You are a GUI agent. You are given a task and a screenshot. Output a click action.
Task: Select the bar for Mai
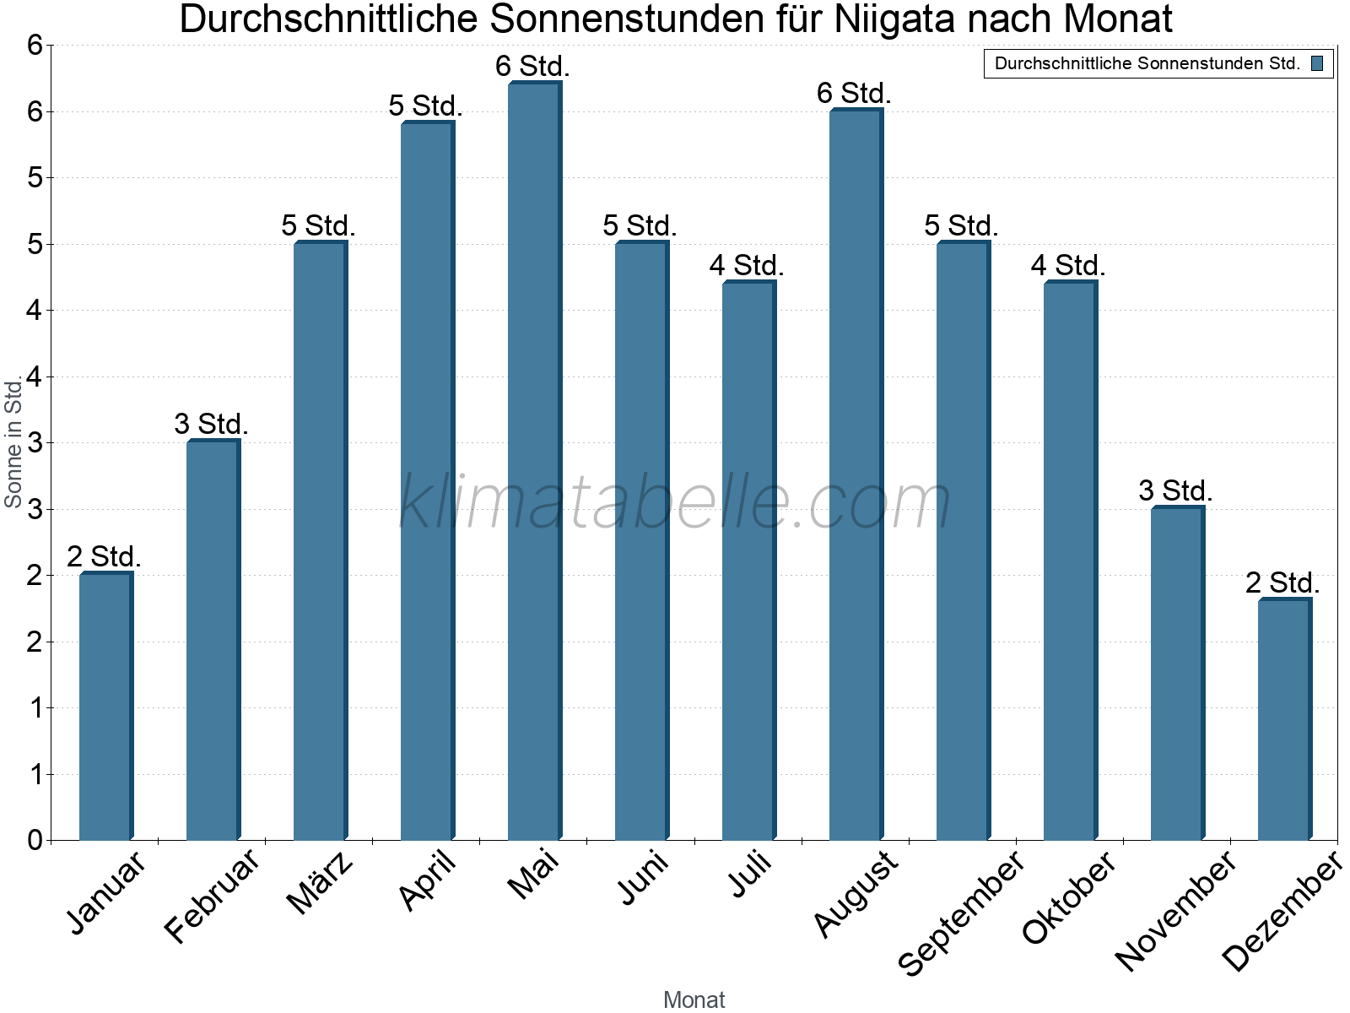(x=533, y=462)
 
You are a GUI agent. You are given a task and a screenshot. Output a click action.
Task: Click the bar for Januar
(x=105, y=707)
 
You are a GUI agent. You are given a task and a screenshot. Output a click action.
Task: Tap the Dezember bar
(x=1283, y=720)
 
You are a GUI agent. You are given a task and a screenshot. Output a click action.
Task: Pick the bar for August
(x=855, y=475)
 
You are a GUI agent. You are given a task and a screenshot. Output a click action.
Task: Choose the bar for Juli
(x=748, y=561)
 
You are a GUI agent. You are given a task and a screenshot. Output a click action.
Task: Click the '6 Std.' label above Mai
(x=533, y=66)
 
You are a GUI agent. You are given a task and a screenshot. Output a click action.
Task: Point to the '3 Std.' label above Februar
(x=212, y=424)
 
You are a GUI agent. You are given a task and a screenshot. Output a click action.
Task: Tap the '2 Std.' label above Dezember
(x=1282, y=582)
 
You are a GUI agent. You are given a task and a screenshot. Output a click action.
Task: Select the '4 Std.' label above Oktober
(x=1068, y=265)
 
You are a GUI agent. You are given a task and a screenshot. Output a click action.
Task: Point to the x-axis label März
(x=320, y=883)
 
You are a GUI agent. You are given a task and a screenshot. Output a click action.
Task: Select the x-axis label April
(x=428, y=881)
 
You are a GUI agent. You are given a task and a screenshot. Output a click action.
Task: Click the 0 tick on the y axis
(x=35, y=840)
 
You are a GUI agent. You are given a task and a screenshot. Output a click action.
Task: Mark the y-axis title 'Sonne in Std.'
(x=13, y=442)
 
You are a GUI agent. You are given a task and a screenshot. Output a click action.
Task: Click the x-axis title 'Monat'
(x=694, y=999)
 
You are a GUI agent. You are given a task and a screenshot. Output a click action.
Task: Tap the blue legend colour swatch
(x=1317, y=63)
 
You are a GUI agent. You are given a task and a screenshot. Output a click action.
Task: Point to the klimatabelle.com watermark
(x=675, y=502)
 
